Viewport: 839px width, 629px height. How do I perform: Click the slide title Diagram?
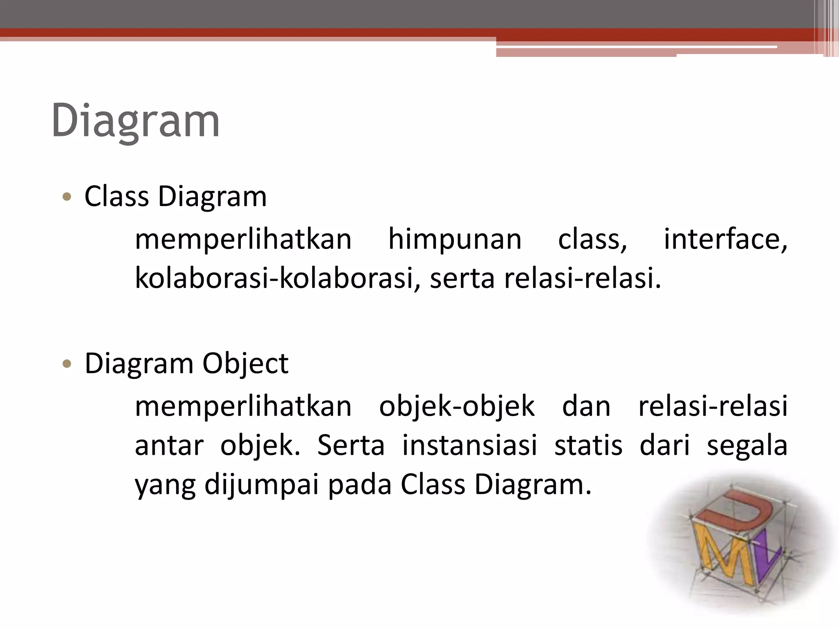click(x=135, y=121)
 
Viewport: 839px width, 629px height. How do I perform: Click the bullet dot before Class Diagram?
click(x=67, y=197)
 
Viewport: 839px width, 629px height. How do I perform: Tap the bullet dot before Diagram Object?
click(x=67, y=364)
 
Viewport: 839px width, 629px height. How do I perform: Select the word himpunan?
click(x=455, y=240)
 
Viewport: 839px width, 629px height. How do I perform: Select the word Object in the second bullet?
click(x=245, y=364)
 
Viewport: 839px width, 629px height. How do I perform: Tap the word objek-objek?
click(x=457, y=407)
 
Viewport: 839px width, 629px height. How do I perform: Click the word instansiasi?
click(x=469, y=445)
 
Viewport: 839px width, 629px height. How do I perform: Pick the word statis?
click(x=588, y=445)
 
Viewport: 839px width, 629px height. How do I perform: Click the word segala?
click(x=747, y=446)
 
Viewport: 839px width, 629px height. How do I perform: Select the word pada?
click(x=360, y=485)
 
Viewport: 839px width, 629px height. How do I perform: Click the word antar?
click(x=169, y=446)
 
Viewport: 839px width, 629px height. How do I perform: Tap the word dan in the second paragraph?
click(x=586, y=407)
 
